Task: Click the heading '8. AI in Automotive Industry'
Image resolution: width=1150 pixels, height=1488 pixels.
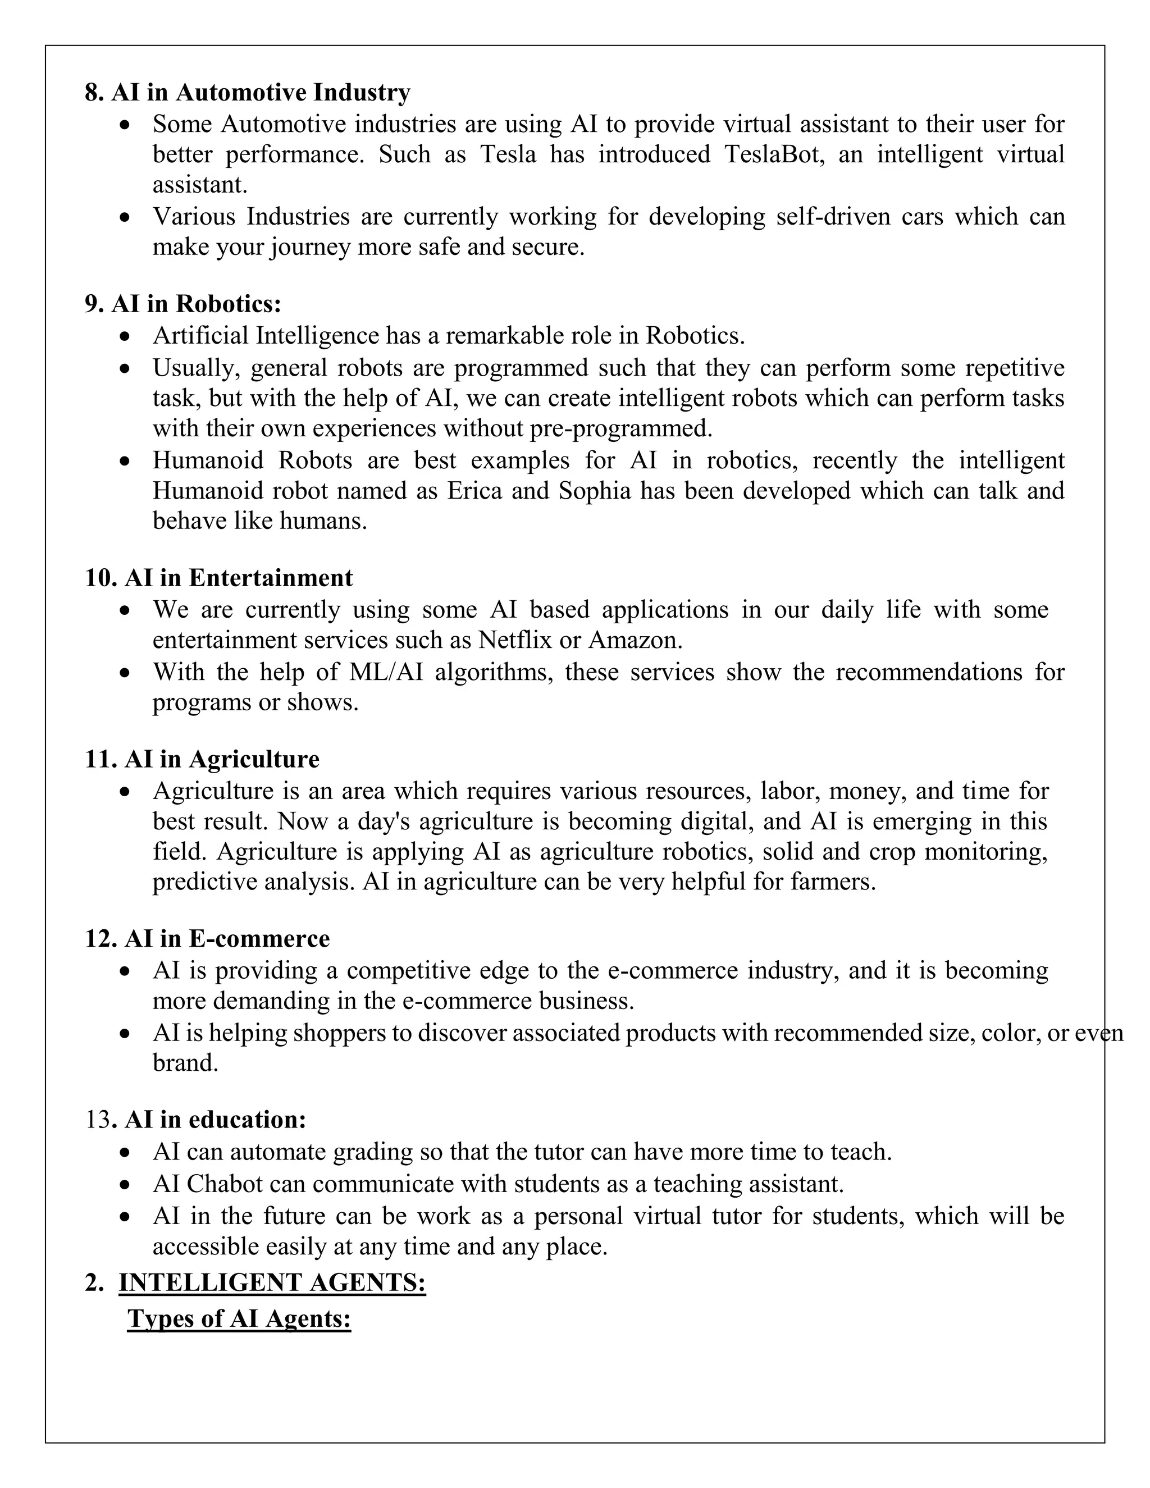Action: click(x=247, y=92)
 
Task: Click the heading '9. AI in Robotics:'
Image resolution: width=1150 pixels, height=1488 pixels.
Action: click(x=182, y=304)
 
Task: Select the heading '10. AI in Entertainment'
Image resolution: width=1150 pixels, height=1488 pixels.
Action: click(x=218, y=578)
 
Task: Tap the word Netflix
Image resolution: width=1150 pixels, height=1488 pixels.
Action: click(x=514, y=641)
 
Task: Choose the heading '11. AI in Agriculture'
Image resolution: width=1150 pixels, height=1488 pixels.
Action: click(x=202, y=759)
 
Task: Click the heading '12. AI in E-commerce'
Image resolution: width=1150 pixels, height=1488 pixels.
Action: click(x=207, y=939)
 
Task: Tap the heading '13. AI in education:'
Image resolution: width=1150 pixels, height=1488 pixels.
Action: click(x=195, y=1120)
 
